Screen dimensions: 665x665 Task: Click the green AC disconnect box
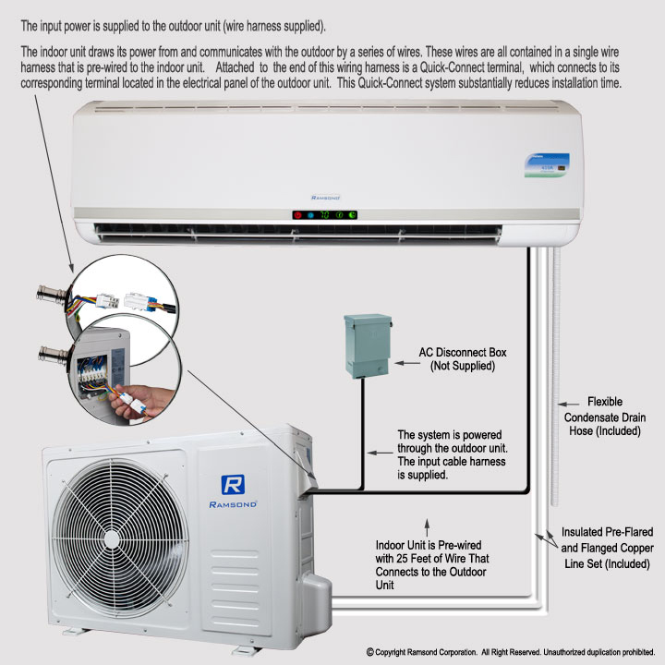(x=368, y=345)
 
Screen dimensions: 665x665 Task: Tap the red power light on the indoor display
(x=297, y=215)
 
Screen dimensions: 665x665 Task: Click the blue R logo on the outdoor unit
(x=233, y=485)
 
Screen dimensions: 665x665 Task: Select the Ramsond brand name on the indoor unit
(x=325, y=198)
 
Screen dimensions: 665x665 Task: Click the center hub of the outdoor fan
(x=112, y=539)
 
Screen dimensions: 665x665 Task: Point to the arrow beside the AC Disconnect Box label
(x=407, y=363)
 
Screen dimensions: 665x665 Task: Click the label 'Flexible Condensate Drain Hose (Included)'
(x=605, y=416)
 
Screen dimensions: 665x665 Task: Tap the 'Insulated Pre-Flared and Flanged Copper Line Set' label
(x=607, y=548)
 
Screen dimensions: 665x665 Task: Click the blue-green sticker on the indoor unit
(x=547, y=165)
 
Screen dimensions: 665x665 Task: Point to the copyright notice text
(x=511, y=652)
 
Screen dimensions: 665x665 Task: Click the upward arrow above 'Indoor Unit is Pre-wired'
(x=427, y=527)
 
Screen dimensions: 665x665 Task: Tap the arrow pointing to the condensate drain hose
(x=568, y=405)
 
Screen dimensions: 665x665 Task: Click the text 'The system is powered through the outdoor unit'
(x=452, y=441)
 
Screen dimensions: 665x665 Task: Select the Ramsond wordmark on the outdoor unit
(x=233, y=504)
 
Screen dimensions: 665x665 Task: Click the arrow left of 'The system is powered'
(x=380, y=453)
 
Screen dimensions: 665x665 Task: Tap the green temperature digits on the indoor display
(x=324, y=215)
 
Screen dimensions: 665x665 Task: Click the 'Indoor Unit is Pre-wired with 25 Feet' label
(x=431, y=564)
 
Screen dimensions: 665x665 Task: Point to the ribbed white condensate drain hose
(x=556, y=377)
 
